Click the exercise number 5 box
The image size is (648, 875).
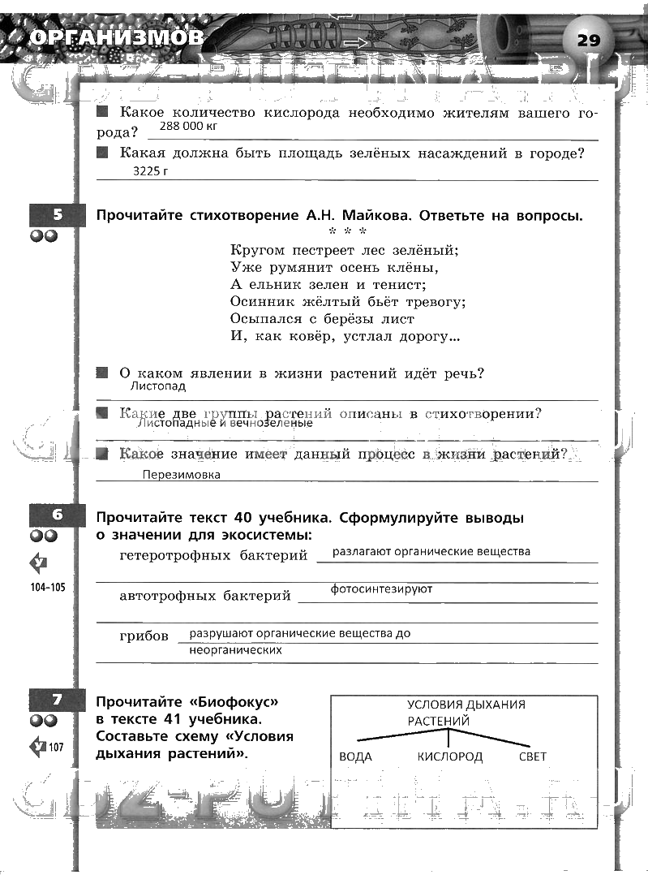57,215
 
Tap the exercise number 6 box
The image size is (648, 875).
57,515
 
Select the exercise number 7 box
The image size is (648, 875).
57,700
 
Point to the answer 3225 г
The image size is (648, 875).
153,172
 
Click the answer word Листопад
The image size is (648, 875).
157,388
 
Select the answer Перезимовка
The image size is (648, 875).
181,475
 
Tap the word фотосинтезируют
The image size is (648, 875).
381,589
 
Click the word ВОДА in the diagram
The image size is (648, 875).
355,756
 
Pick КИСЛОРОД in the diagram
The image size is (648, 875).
450,756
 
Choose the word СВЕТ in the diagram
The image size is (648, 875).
533,756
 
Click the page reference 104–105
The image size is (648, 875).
45,587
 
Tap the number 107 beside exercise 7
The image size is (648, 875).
56,747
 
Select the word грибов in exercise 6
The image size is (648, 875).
144,636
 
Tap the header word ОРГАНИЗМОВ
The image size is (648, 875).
114,38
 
